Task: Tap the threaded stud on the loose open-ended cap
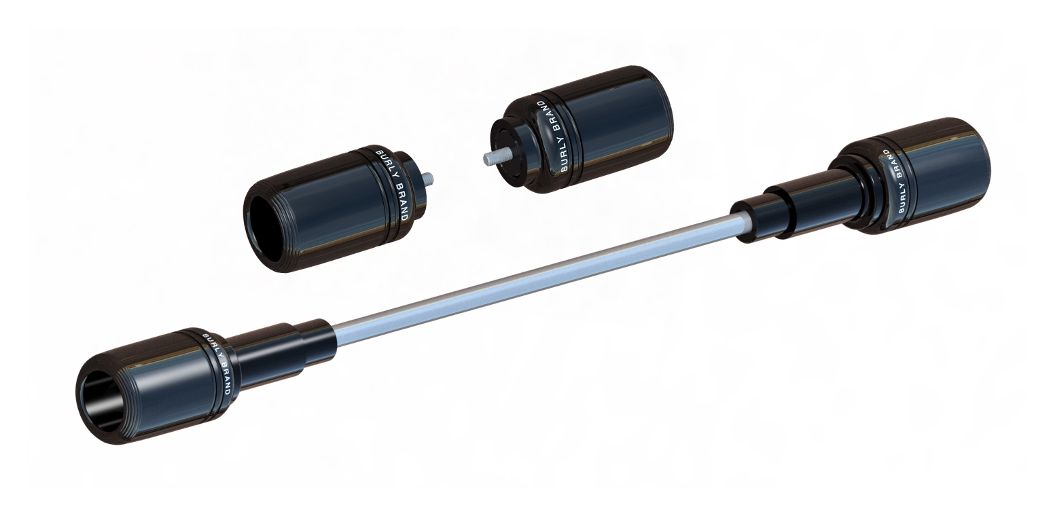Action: coord(427,179)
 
